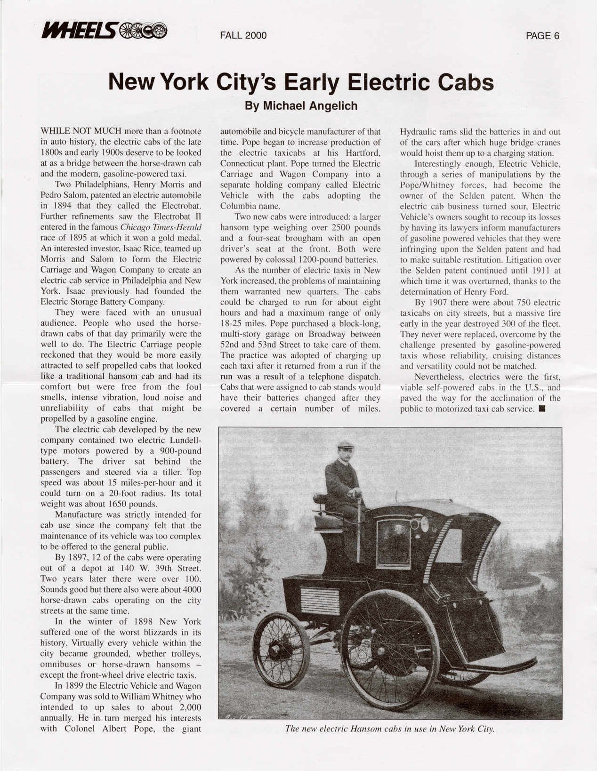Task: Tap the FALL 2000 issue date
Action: click(x=243, y=36)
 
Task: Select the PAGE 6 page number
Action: click(x=542, y=36)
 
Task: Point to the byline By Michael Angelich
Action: click(x=301, y=106)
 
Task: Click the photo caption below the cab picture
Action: click(x=389, y=729)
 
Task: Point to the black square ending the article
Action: click(x=541, y=409)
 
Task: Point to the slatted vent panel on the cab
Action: click(x=320, y=601)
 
